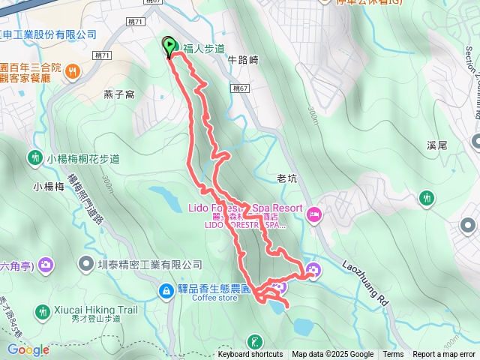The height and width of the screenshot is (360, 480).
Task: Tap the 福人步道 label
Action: click(204, 49)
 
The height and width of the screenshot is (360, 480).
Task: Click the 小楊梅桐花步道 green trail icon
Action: click(34, 158)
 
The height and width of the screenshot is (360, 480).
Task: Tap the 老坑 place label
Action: click(287, 178)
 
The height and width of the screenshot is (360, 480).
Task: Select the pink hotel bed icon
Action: click(315, 214)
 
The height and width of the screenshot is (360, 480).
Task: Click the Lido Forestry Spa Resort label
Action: click(244, 208)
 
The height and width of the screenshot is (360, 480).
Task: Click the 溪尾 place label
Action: click(436, 144)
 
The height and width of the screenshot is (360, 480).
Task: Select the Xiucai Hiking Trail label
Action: click(95, 310)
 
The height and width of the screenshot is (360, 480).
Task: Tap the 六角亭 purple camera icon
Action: click(46, 264)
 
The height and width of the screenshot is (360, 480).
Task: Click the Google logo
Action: click(28, 349)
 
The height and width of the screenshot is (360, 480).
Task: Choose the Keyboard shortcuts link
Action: click(250, 355)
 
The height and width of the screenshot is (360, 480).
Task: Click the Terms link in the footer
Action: click(393, 355)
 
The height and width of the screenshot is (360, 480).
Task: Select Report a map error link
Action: click(445, 355)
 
